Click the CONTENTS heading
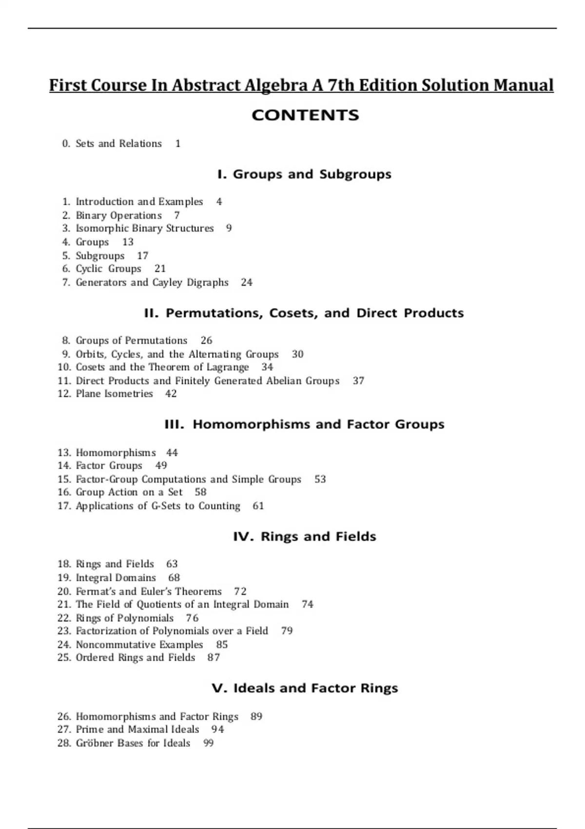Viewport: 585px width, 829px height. [305, 115]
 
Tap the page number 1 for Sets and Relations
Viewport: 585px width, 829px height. [178, 144]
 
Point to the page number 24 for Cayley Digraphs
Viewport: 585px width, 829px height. [247, 282]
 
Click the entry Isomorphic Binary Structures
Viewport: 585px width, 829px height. [144, 228]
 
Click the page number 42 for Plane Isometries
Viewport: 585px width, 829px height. [171, 394]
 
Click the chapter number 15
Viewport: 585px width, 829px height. [64, 479]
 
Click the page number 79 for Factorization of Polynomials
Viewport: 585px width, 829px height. [287, 631]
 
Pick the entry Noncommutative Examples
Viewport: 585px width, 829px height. [139, 645]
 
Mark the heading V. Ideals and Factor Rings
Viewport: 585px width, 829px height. [305, 688]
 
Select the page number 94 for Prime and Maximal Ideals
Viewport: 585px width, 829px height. [218, 730]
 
